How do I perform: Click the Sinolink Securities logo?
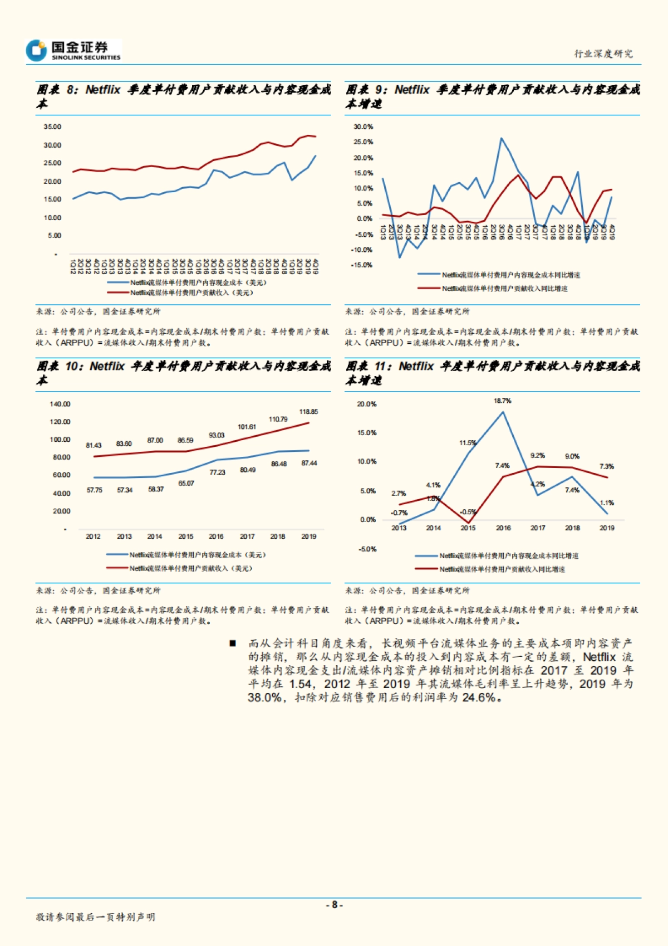point(73,51)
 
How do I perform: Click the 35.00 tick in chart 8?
point(52,127)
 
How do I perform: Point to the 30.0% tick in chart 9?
point(363,127)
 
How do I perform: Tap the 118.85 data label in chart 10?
point(308,412)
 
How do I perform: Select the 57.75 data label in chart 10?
point(95,490)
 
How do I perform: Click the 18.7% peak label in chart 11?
point(502,401)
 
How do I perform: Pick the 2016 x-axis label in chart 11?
point(503,528)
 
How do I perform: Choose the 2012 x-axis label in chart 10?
point(93,537)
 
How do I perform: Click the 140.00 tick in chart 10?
point(60,404)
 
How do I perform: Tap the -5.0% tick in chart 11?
point(367,549)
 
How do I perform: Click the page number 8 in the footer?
point(334,905)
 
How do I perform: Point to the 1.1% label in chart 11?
point(607,503)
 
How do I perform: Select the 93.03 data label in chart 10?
point(217,435)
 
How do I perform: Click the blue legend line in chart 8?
point(117,283)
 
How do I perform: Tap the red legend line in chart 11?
point(426,569)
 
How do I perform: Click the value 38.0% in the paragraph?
point(264,698)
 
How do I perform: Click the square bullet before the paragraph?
point(233,643)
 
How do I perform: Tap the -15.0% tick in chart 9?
point(362,265)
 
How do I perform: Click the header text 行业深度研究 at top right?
point(603,53)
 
